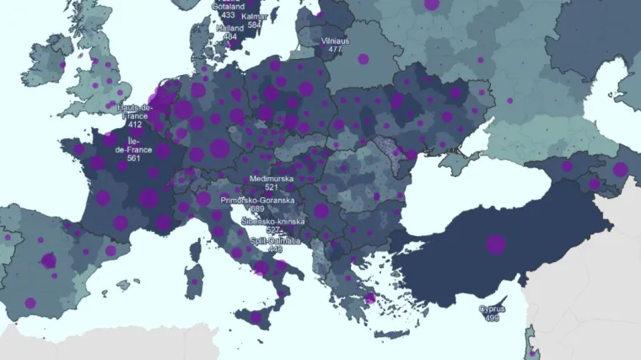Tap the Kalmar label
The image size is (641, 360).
(x=254, y=15)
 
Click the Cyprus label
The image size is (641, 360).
(x=492, y=309)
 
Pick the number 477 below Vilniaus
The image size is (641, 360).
(x=335, y=49)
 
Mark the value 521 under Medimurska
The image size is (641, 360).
(x=271, y=187)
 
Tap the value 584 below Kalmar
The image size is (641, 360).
(x=254, y=24)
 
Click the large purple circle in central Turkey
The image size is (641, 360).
(x=495, y=244)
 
